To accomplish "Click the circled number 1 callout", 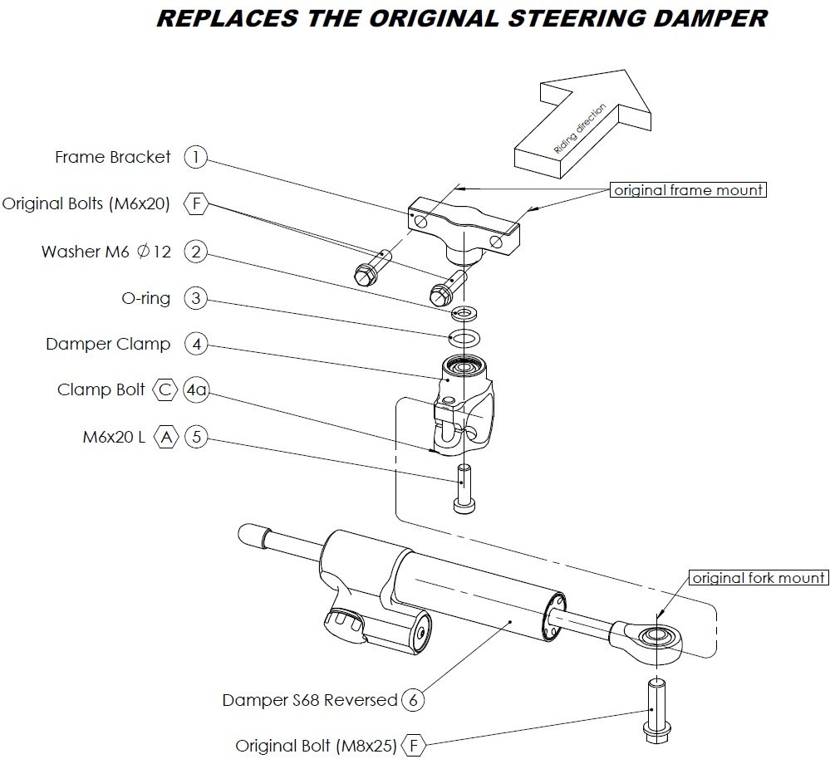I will pyautogui.click(x=195, y=156).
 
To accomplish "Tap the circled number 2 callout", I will pyautogui.click(x=195, y=251).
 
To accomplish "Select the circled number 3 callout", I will pyautogui.click(x=195, y=298).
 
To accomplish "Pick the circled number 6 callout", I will pyautogui.click(x=412, y=699).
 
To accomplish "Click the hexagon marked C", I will pyautogui.click(x=165, y=389).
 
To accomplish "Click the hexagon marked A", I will pyautogui.click(x=167, y=436).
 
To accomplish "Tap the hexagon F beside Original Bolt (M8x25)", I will pyautogui.click(x=412, y=745).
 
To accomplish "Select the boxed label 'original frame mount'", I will pyautogui.click(x=688, y=190).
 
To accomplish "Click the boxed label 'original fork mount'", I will pyautogui.click(x=759, y=578).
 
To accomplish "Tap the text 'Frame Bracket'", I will pyautogui.click(x=113, y=157).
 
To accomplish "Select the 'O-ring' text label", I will pyautogui.click(x=145, y=299).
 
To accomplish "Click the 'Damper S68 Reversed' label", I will pyautogui.click(x=309, y=700).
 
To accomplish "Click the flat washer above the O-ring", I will pyautogui.click(x=463, y=315).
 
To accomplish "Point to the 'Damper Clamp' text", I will pyautogui.click(x=108, y=344).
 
